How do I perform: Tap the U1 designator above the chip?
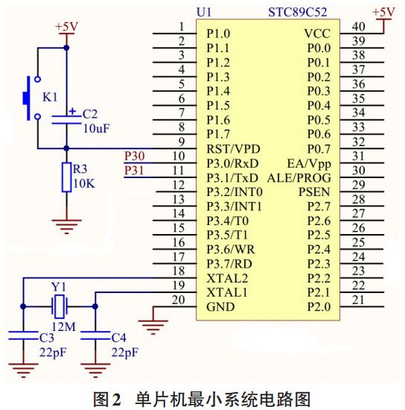204,13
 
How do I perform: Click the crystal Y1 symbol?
59,304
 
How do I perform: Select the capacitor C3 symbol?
24,336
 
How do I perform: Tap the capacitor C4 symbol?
95,336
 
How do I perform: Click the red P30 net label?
135,156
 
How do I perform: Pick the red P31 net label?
135,170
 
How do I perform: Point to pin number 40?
358,27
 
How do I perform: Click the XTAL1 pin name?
226,291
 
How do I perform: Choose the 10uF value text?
96,128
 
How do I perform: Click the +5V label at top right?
383,13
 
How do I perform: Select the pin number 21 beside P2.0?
358,299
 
